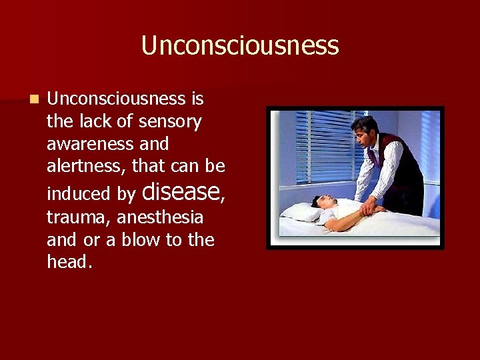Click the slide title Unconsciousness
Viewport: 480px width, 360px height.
click(240, 46)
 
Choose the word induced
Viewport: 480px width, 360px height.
click(79, 194)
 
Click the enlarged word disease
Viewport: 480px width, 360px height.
click(181, 191)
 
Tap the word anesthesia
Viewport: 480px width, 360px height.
click(161, 217)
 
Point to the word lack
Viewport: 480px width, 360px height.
click(107, 121)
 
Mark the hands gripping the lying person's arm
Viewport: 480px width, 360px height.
click(370, 210)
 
